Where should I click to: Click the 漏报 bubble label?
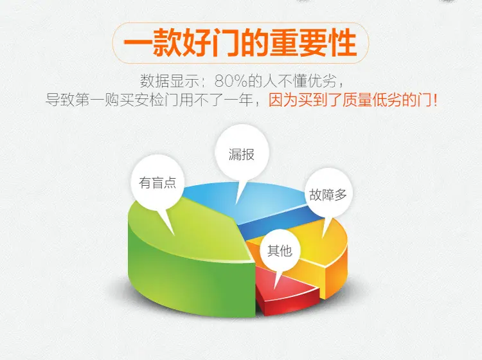click(241, 154)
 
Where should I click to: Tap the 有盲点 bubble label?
click(157, 183)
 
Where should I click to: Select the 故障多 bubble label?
click(328, 195)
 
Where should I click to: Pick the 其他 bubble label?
click(280, 251)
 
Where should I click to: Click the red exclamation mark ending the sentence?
click(434, 100)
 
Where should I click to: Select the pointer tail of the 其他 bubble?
click(278, 279)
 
